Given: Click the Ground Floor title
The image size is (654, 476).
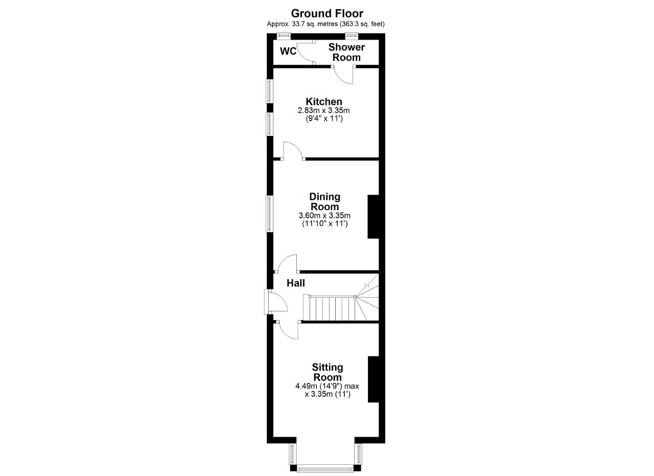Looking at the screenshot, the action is click(x=327, y=13).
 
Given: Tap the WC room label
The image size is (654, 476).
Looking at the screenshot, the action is click(x=288, y=52).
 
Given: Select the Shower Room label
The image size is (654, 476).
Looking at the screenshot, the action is click(x=346, y=52).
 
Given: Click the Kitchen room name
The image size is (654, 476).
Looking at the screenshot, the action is click(x=324, y=102).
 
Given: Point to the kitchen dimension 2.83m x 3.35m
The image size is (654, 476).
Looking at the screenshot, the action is click(x=324, y=110).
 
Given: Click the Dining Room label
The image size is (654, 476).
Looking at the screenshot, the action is click(x=324, y=201).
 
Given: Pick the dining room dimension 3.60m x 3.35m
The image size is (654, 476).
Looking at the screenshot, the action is click(x=324, y=216).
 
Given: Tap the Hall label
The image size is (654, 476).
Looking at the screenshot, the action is click(x=296, y=283).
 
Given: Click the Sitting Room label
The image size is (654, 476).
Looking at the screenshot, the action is click(x=328, y=372).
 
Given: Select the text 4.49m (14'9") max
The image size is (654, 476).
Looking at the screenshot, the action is click(x=328, y=386).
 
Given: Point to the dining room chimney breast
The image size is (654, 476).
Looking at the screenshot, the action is click(x=373, y=216).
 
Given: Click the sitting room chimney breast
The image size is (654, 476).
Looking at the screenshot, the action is click(x=373, y=379).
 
